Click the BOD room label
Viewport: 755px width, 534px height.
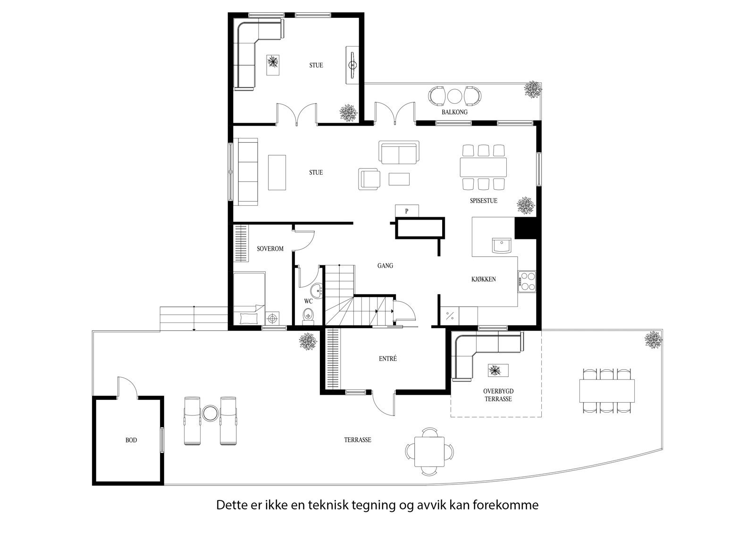(x=131, y=440)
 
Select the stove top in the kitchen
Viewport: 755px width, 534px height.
(x=527, y=281)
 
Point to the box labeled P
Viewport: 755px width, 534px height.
(x=407, y=211)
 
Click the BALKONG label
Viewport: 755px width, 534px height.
(x=454, y=112)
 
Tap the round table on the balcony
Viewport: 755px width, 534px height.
(x=454, y=96)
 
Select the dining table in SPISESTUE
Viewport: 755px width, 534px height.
(x=483, y=167)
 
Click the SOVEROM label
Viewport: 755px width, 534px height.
(x=270, y=248)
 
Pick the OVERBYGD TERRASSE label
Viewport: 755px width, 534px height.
(x=498, y=395)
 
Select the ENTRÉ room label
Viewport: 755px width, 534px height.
(x=388, y=359)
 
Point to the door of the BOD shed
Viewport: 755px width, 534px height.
(x=126, y=387)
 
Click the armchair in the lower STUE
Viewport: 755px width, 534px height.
(x=369, y=179)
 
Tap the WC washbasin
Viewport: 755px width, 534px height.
(x=317, y=290)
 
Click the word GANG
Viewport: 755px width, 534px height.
(x=385, y=266)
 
